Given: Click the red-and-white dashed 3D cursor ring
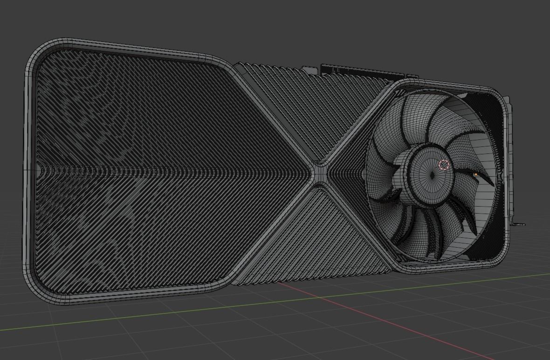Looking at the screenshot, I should [x=444, y=164].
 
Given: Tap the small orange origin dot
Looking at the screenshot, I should [x=475, y=175].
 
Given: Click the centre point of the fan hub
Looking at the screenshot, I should [x=433, y=175].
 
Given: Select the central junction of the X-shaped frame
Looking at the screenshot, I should [x=320, y=172].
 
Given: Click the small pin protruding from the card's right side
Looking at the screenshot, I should [x=518, y=224].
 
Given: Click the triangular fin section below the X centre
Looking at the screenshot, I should [x=322, y=233].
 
